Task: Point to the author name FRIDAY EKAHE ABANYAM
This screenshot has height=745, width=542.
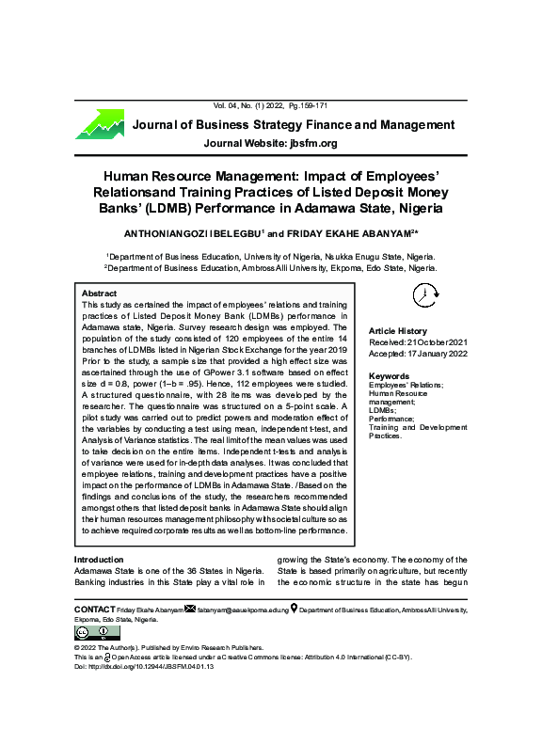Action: [346, 232]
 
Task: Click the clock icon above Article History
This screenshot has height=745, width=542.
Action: [424, 295]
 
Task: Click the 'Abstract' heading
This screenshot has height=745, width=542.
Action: [99, 293]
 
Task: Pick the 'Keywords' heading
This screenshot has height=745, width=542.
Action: [390, 376]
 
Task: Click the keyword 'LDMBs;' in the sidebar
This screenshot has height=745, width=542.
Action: [382, 411]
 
